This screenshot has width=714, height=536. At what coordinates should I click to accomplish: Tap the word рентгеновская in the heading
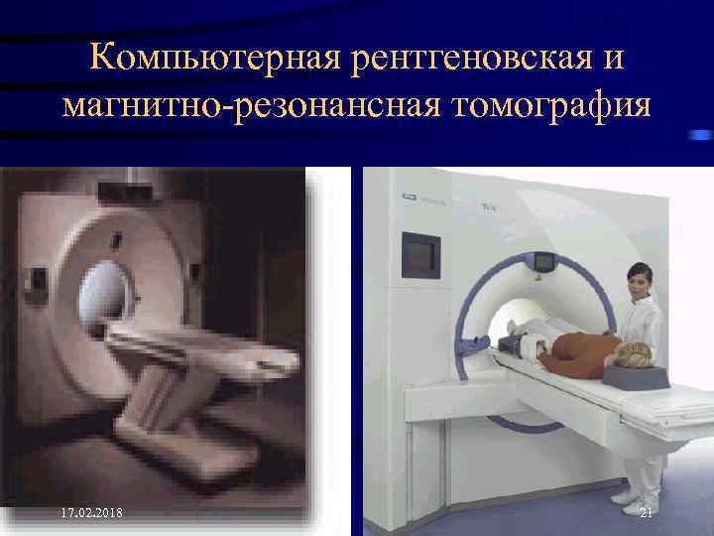464,59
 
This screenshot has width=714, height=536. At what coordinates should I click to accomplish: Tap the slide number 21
646,512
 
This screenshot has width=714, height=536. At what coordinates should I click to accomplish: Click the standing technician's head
640,281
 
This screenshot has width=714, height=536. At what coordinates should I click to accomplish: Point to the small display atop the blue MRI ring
544,262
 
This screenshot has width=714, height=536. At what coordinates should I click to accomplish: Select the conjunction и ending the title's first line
612,59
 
